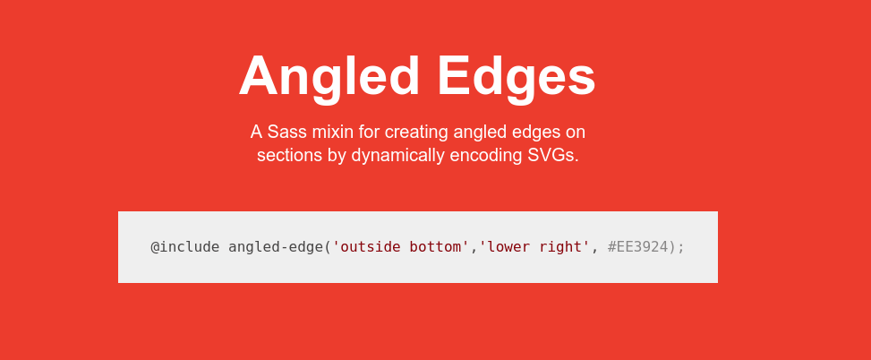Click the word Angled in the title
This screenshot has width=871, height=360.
[x=329, y=77]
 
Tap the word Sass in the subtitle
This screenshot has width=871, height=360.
[x=282, y=133]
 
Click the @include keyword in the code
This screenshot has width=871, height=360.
[x=185, y=246]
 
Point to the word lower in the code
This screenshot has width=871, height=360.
[x=505, y=246]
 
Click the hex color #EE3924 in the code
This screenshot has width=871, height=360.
[x=637, y=246]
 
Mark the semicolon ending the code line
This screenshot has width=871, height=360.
[x=681, y=249]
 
